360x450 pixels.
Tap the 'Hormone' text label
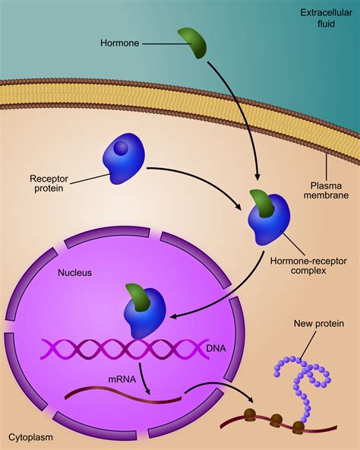click(119, 44)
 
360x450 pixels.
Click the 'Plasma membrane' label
click(330, 192)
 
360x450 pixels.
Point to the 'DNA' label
click(216, 347)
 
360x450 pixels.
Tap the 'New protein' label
click(319, 324)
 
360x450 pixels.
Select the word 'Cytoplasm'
click(32, 438)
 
